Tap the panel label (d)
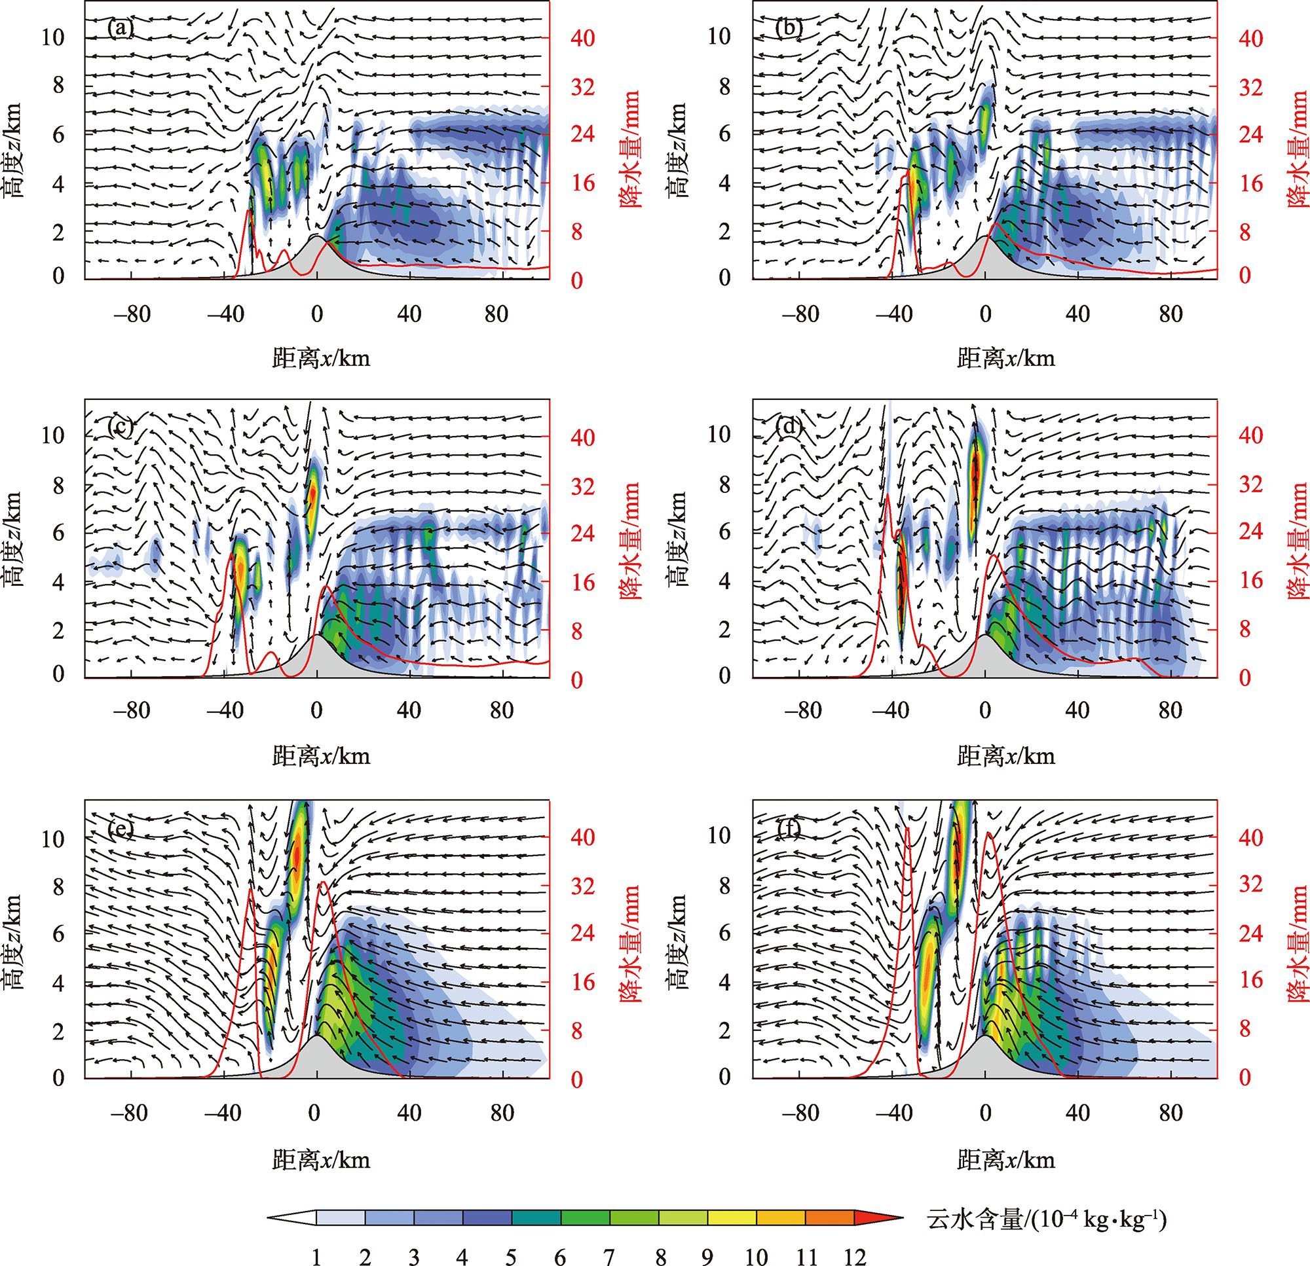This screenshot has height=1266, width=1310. pos(789,425)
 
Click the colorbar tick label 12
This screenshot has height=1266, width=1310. pos(854,1257)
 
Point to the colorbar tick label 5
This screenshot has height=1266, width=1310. pos(512,1257)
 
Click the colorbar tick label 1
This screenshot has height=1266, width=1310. pos(316,1257)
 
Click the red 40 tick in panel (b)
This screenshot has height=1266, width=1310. pos(1250,38)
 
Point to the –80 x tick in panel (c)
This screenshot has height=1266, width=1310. pos(132,710)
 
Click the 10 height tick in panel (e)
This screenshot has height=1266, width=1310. pos(53,839)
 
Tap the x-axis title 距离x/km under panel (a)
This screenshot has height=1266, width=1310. pos(321,359)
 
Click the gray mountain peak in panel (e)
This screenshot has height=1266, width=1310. pos(317,1038)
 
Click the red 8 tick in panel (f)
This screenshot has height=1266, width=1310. pos(1245,1029)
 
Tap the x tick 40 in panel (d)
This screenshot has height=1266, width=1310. pos(1077,710)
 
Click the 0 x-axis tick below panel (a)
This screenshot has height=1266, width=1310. pos(317,314)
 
